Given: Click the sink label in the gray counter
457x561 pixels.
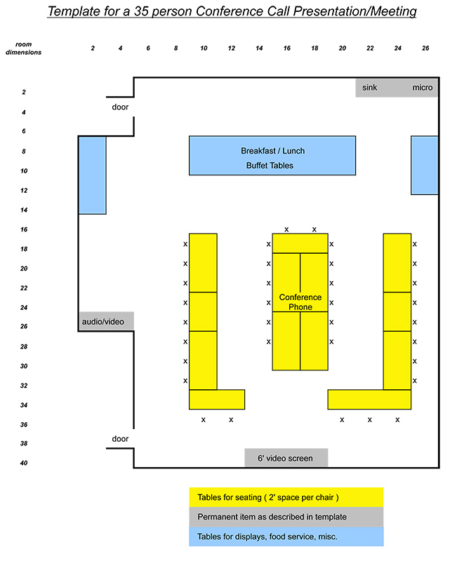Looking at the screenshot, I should pyautogui.click(x=370, y=88).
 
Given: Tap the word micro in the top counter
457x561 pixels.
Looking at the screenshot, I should pyautogui.click(x=423, y=88).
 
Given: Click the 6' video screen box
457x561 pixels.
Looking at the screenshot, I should pyautogui.click(x=286, y=458).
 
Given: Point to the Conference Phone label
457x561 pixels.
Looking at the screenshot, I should pyautogui.click(x=300, y=302).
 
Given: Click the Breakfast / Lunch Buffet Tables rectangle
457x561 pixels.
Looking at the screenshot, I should pyautogui.click(x=272, y=156).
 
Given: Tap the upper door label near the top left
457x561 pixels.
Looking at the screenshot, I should pyautogui.click(x=121, y=107).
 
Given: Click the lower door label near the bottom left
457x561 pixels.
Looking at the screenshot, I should pyautogui.click(x=121, y=439).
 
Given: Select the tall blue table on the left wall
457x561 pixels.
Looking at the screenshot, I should pyautogui.click(x=93, y=175).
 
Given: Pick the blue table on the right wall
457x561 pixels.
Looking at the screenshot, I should pyautogui.click(x=425, y=165).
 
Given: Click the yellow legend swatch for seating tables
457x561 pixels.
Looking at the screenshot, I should pyautogui.click(x=286, y=497).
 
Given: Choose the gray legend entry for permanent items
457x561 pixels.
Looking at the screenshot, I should pyautogui.click(x=286, y=517).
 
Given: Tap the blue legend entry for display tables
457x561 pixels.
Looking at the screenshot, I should pyautogui.click(x=286, y=536).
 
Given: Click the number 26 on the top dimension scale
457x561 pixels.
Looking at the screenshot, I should pyautogui.click(x=426, y=48).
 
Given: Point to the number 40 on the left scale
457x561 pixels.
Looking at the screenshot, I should pyautogui.click(x=23, y=463).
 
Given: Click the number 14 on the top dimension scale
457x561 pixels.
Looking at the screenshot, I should pyautogui.click(x=259, y=48).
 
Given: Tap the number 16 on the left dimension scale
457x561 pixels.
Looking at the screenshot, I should pyautogui.click(x=23, y=230).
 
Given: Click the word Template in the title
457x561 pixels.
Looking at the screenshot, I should pyautogui.click(x=74, y=12).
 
